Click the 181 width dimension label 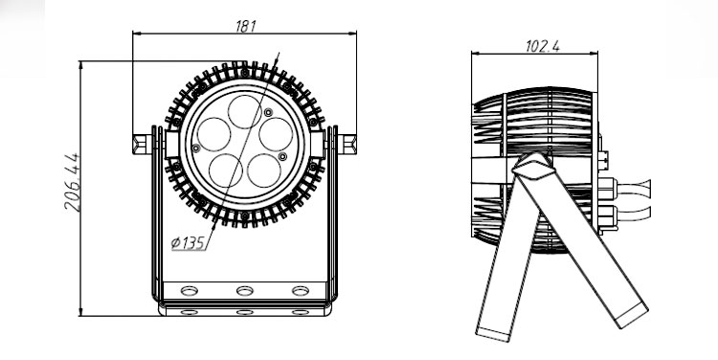pos(245,27)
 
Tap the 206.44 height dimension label pos(72,182)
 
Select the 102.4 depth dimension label pos(543,46)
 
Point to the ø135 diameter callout pos(188,243)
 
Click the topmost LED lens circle pos(245,112)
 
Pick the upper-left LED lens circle pos(213,134)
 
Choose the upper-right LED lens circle pos(276,134)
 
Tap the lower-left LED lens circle pos(225,170)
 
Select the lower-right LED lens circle pos(264,170)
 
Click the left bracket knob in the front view pos(142,144)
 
